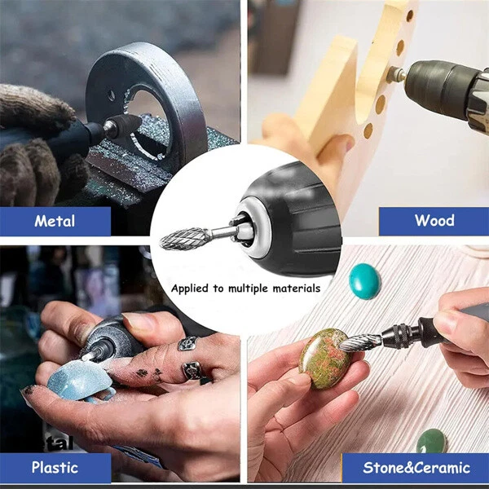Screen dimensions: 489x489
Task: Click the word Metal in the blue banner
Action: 55,221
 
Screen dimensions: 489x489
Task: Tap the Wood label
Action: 434,220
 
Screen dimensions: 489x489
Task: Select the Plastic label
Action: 55,468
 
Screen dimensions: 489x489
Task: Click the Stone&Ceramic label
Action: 416,468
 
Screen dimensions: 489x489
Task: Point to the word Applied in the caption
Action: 190,289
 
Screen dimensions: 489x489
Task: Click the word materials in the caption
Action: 297,289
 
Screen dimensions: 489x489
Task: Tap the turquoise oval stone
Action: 364,281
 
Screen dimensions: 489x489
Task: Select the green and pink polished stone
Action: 324,359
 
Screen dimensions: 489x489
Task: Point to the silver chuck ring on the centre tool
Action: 251,228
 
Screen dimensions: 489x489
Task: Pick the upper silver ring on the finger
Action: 187,343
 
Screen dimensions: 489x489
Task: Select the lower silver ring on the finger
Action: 192,371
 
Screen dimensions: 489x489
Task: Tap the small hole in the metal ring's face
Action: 112,95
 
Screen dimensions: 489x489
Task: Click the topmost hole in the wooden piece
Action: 410,15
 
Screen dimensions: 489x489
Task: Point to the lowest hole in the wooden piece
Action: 368,130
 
